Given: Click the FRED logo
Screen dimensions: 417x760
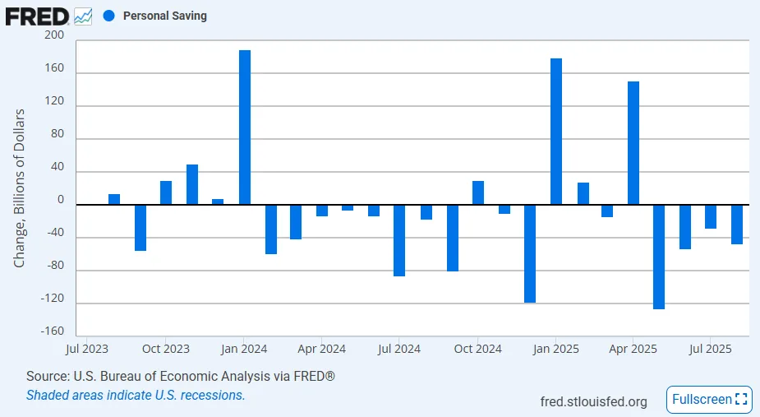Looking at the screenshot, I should [x=37, y=16].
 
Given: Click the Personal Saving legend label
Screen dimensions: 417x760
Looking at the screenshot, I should [x=164, y=16].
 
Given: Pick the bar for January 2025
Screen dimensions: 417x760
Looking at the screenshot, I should [x=556, y=132].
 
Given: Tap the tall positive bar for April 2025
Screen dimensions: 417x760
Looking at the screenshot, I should [x=633, y=143].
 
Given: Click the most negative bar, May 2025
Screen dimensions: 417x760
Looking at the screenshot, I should [x=659, y=257].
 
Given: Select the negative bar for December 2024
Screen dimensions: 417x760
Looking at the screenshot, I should [x=530, y=253].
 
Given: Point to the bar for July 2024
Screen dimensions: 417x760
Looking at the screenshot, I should [x=399, y=240].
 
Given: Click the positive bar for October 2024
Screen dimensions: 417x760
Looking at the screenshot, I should [x=478, y=193].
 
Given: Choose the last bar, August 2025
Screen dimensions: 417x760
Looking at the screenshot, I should [x=737, y=224].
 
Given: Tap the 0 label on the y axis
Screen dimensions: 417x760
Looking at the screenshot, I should [x=60, y=199].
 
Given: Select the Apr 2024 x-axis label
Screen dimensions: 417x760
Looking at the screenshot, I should [x=321, y=349].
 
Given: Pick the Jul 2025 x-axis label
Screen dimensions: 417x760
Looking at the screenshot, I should [x=711, y=349].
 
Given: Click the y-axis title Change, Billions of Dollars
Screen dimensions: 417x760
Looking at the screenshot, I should [x=20, y=188].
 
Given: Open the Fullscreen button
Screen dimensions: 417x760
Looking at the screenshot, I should [x=710, y=400].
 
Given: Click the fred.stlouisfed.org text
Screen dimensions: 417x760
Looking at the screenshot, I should [x=593, y=401].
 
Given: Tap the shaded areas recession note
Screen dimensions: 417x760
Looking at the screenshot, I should [x=136, y=395].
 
